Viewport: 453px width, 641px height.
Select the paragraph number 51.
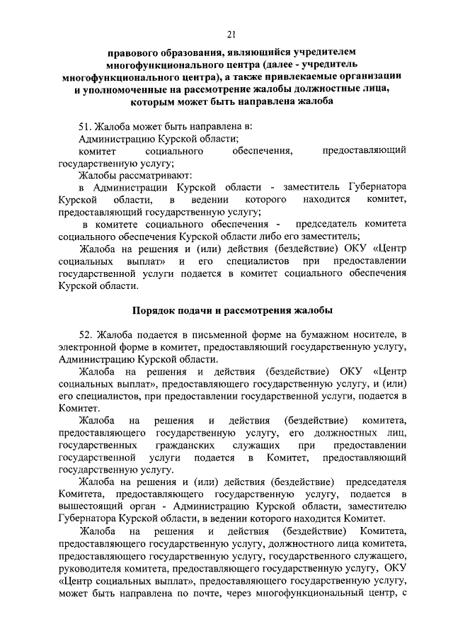click(86, 127)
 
